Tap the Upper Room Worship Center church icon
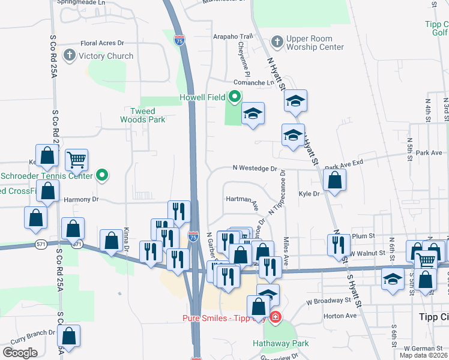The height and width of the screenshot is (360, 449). tap(277, 42)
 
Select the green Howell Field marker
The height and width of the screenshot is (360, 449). tap(234, 97)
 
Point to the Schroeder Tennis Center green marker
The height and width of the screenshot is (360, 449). tap(102, 176)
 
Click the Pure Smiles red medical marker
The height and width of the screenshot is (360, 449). tap(275, 317)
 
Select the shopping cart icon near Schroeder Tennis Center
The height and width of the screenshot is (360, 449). tap(76, 160)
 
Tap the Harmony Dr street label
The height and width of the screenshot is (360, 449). tap(77, 199)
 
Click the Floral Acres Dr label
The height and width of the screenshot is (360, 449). tap(102, 43)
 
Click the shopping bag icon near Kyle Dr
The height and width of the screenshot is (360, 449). tap(334, 179)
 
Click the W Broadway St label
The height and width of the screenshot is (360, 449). tap(328, 300)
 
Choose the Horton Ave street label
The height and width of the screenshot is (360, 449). tap(340, 316)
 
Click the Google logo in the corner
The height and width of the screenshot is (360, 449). tap(20, 353)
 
